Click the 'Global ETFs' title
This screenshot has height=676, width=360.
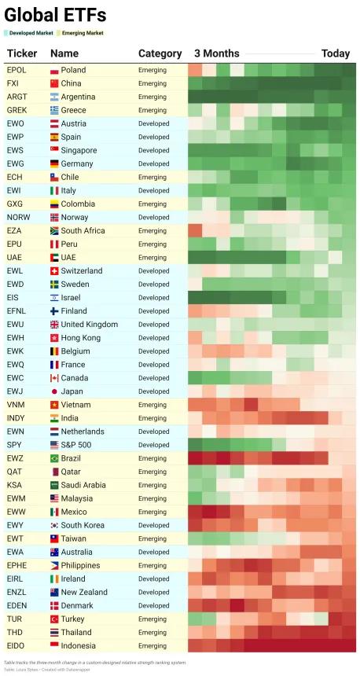click(x=55, y=16)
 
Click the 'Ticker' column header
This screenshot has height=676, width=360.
click(x=22, y=53)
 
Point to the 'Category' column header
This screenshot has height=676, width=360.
click(x=160, y=54)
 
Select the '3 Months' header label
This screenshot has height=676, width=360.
click(x=216, y=53)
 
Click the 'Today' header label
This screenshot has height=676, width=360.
click(x=336, y=53)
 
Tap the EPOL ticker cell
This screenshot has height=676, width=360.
click(x=17, y=70)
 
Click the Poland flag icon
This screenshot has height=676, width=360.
click(x=54, y=70)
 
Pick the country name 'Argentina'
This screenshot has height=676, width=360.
click(x=78, y=97)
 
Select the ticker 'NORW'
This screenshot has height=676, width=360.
click(x=19, y=217)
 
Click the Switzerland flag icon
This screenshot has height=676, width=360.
click(x=54, y=271)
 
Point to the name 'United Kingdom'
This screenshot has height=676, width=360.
click(x=90, y=324)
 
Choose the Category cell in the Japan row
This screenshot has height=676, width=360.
click(x=153, y=391)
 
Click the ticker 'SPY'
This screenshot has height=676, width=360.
click(x=13, y=445)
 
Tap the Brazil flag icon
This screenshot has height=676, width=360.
click(x=54, y=458)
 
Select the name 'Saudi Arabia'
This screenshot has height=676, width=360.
click(x=83, y=485)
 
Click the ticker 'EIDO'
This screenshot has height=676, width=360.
click(x=16, y=645)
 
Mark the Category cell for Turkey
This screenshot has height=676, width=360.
click(x=152, y=619)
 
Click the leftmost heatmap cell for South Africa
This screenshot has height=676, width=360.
click(x=195, y=230)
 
